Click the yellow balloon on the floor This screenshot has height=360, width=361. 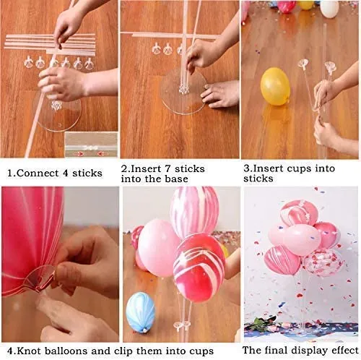(275, 86)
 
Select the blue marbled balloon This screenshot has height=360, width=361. (140, 312)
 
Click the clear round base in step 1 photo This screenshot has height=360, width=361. (60, 115)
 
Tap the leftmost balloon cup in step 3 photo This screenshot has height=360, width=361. (304, 63)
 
